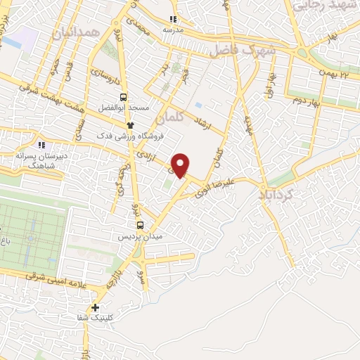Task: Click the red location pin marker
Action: click(181, 165)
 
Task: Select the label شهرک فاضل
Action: click(240, 51)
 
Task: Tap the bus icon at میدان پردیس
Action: click(139, 225)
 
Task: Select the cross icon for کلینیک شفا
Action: click(95, 307)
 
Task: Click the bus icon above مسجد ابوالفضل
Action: click(124, 98)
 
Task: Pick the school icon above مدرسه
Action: click(173, 20)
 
